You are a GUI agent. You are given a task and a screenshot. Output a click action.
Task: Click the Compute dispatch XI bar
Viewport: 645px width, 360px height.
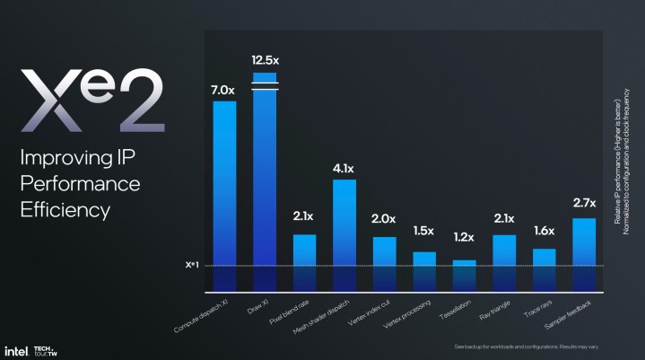pyautogui.click(x=224, y=193)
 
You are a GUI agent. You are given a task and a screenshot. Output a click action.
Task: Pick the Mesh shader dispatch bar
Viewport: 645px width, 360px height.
pyautogui.click(x=344, y=233)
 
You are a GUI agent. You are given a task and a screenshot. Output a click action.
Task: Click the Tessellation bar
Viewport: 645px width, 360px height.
pyautogui.click(x=464, y=275)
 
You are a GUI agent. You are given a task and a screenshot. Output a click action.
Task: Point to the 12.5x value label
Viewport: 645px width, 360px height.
pyautogui.click(x=265, y=59)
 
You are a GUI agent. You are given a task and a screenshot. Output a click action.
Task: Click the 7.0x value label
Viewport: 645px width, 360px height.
pyautogui.click(x=224, y=89)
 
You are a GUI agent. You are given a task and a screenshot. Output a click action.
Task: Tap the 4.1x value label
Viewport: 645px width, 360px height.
pyautogui.click(x=344, y=168)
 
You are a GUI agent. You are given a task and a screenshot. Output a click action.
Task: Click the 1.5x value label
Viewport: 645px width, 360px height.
pyautogui.click(x=424, y=232)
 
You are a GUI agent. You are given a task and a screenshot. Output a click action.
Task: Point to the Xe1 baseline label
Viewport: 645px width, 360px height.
pyautogui.click(x=191, y=266)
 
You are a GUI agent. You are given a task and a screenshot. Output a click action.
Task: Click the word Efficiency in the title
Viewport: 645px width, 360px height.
pyautogui.click(x=65, y=210)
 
